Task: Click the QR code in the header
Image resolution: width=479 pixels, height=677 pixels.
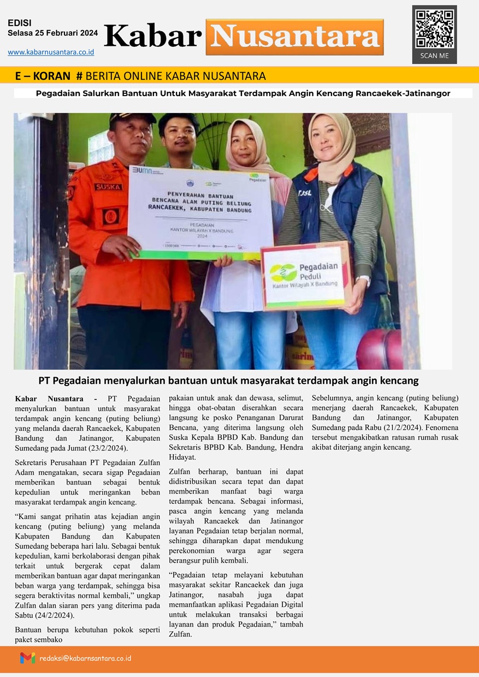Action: (x=434, y=28)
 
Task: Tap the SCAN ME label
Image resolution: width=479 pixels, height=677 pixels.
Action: (x=434, y=56)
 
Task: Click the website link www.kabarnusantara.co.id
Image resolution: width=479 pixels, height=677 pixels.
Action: (x=51, y=52)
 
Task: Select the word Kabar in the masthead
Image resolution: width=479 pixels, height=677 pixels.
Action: (x=153, y=36)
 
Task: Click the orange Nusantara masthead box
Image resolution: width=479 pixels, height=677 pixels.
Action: (x=294, y=37)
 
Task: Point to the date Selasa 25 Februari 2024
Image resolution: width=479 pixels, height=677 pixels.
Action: (x=53, y=33)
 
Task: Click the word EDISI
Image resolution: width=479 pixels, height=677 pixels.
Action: (x=20, y=23)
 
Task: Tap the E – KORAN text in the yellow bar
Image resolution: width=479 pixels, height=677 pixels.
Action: (x=43, y=76)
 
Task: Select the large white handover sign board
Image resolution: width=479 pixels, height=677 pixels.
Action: (x=200, y=210)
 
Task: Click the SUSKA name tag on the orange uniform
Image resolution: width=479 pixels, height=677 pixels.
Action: (x=108, y=187)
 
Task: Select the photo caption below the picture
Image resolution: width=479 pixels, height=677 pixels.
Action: (x=228, y=381)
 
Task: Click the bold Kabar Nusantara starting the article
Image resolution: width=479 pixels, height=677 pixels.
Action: (x=49, y=399)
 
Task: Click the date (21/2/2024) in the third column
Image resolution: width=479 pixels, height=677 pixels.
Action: (x=408, y=428)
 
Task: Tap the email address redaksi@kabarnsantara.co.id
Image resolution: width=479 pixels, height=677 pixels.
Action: (x=85, y=658)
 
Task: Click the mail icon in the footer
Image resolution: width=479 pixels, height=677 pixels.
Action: (x=27, y=658)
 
